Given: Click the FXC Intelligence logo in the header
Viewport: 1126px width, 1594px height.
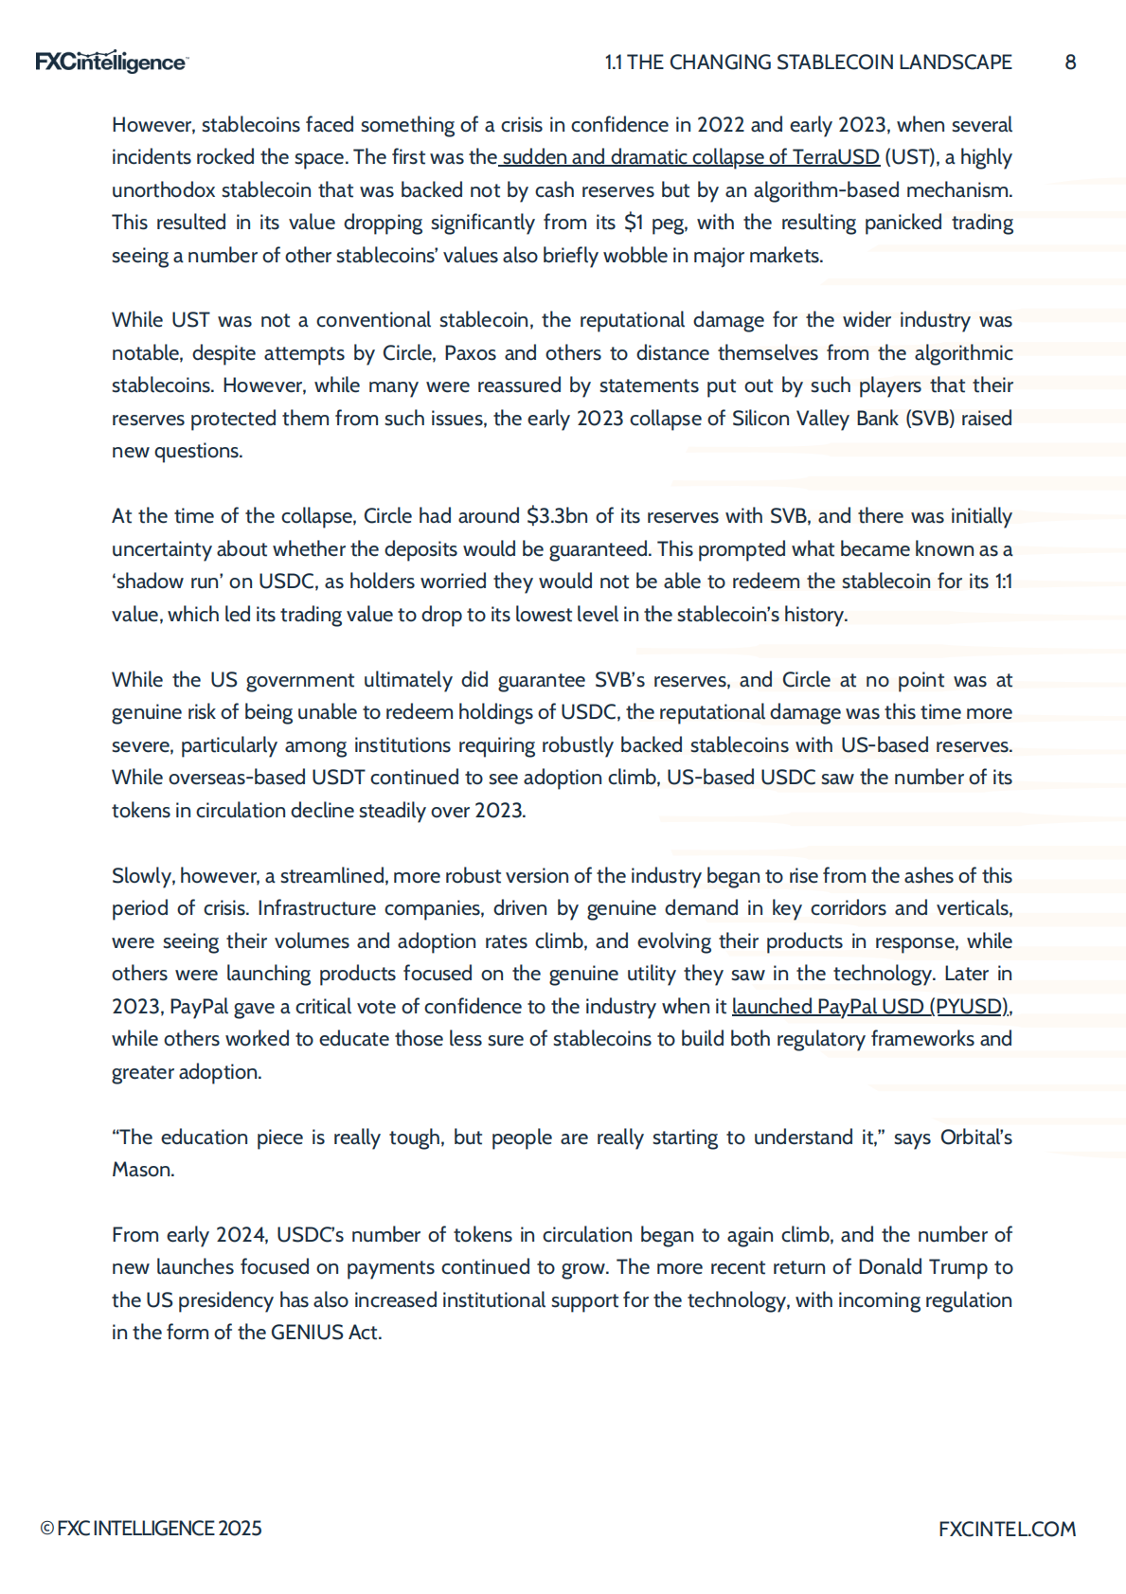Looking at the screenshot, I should [111, 62].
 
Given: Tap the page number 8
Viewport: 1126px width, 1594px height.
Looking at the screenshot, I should [1070, 63].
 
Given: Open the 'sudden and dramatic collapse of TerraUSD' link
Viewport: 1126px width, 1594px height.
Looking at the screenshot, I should [690, 157].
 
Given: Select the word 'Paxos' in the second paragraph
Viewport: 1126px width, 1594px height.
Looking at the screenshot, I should [470, 353].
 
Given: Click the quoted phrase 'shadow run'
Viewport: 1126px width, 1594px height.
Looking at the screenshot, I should [167, 582].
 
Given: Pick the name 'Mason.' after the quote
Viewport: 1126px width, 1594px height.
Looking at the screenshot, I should [143, 1170].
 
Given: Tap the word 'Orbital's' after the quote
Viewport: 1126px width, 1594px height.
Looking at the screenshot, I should [975, 1137].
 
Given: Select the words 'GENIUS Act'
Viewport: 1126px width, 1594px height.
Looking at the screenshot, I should [325, 1333].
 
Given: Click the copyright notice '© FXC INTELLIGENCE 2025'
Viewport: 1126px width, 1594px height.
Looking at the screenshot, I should [151, 1529].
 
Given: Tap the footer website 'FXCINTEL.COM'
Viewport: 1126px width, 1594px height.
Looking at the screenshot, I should [1007, 1529].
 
